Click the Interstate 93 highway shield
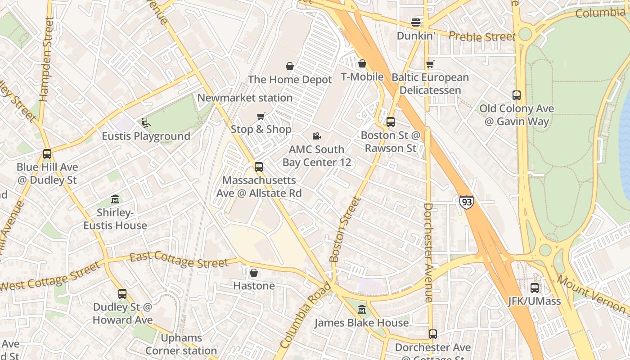[467, 202]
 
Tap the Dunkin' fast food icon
[416, 22]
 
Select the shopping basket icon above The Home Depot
[290, 67]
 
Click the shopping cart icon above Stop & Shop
[261, 117]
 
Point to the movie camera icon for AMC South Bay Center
[317, 136]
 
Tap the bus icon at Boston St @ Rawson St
[390, 122]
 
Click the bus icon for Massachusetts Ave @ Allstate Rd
[259, 167]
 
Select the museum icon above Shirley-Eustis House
[115, 199]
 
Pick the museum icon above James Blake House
[361, 310]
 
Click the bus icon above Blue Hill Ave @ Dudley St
[47, 154]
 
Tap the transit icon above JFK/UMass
[534, 288]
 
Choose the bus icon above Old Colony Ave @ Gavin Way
[516, 95]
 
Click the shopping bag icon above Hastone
[254, 273]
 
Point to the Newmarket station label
[245, 98]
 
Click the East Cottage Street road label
[179, 260]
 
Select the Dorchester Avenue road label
[428, 252]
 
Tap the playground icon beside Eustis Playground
[145, 122]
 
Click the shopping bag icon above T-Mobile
[362, 64]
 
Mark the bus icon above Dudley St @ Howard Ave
[122, 294]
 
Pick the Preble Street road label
[481, 36]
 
